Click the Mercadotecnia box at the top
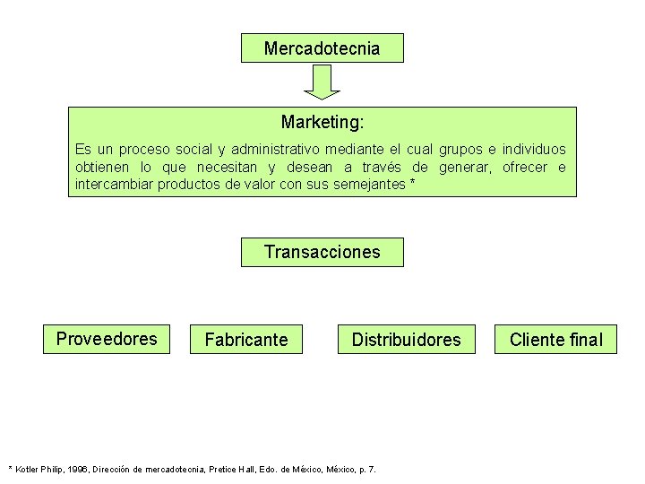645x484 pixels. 322,48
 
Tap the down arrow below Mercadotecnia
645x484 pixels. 322,82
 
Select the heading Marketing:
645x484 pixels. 322,121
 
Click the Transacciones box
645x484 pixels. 322,252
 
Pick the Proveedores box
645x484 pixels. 107,339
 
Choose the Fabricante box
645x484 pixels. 246,340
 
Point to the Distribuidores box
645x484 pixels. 406,340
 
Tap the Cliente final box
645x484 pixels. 555,340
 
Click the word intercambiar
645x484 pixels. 115,186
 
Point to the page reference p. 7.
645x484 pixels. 368,469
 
